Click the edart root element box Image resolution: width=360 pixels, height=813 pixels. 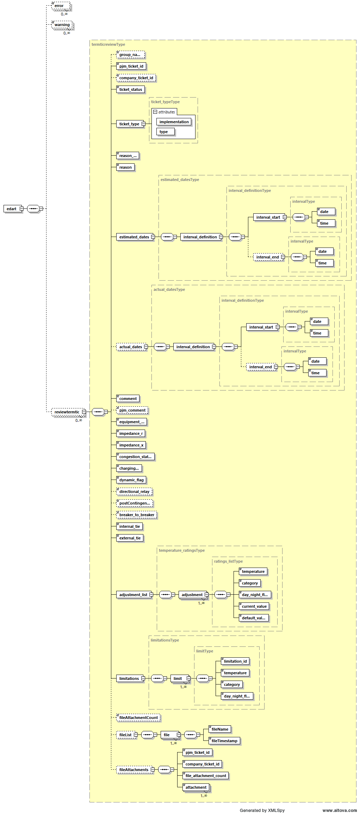12,209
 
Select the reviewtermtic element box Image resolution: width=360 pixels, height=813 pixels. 67,412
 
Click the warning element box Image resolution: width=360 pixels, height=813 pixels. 62,25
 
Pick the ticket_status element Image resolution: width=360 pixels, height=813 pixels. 130,89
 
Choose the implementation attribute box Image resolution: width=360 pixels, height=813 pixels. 174,122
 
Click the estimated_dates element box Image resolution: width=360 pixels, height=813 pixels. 134,237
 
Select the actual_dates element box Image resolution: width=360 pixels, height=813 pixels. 130,347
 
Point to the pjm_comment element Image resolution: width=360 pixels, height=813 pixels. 132,410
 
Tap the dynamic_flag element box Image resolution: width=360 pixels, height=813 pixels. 131,480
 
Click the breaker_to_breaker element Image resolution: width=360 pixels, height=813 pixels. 137,515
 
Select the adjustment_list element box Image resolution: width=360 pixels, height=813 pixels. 133,595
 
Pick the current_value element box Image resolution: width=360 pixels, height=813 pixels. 254,606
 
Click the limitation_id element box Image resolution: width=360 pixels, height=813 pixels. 235,661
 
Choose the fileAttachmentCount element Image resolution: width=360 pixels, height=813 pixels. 138,718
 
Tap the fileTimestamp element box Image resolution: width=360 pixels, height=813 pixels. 224,741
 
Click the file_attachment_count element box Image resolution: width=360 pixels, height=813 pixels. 206,776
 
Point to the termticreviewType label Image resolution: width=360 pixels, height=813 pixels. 108,44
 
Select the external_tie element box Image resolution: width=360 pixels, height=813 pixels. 130,538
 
